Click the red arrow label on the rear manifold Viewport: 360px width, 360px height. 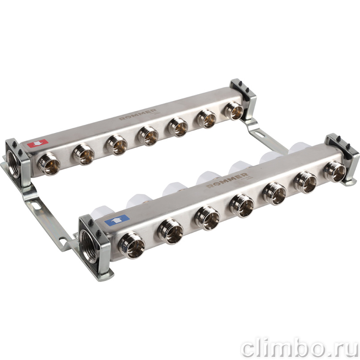pyautogui.click(x=38, y=143)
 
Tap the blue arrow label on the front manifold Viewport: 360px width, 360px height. pyautogui.click(x=116, y=220)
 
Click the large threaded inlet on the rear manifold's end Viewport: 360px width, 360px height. pyautogui.click(x=14, y=164)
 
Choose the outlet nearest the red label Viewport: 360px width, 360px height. pyautogui.click(x=49, y=164)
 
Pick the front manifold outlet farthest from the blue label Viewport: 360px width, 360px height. pyautogui.click(x=335, y=171)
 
